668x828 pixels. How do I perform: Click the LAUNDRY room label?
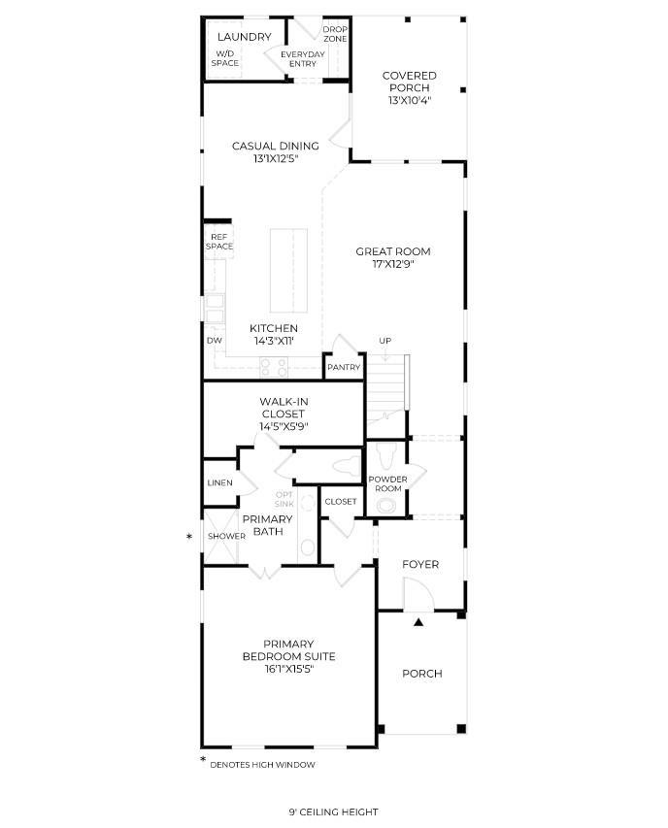(x=244, y=37)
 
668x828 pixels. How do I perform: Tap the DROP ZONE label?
(x=335, y=34)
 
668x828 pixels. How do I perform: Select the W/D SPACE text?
(x=225, y=58)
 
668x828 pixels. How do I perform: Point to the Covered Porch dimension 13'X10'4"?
(x=410, y=100)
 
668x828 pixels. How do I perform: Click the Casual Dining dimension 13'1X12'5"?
(x=276, y=158)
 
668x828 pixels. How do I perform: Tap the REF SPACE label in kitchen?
(x=219, y=242)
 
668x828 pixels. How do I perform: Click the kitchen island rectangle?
(x=288, y=271)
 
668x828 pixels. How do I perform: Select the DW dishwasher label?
(x=215, y=341)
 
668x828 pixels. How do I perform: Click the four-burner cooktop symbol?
(x=274, y=367)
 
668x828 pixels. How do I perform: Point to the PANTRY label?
(x=344, y=367)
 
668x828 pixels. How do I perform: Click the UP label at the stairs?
(x=384, y=341)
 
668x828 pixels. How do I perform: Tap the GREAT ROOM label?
(x=393, y=251)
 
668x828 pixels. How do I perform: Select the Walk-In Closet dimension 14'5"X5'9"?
(x=284, y=427)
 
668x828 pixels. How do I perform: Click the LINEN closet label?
(x=219, y=482)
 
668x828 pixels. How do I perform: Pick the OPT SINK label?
(x=284, y=499)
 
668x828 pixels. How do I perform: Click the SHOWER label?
(x=226, y=536)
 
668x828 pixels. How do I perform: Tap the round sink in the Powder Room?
(x=387, y=506)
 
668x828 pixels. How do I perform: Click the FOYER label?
(x=420, y=564)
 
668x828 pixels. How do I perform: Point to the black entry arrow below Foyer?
(x=418, y=622)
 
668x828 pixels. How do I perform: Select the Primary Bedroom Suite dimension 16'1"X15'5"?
(x=288, y=669)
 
